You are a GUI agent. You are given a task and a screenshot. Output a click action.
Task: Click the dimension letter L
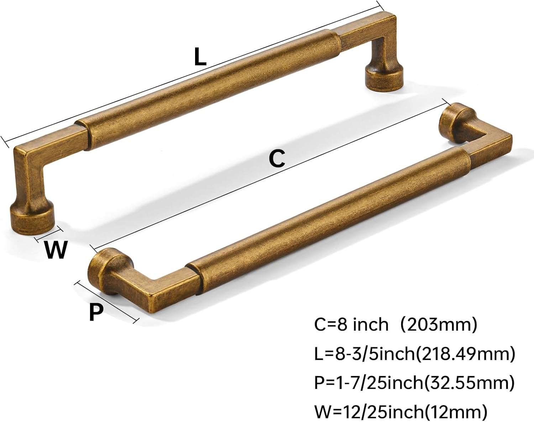[200, 57]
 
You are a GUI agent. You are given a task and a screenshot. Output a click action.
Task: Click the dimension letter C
[277, 159]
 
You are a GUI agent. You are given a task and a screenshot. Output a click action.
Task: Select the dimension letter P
[96, 312]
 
